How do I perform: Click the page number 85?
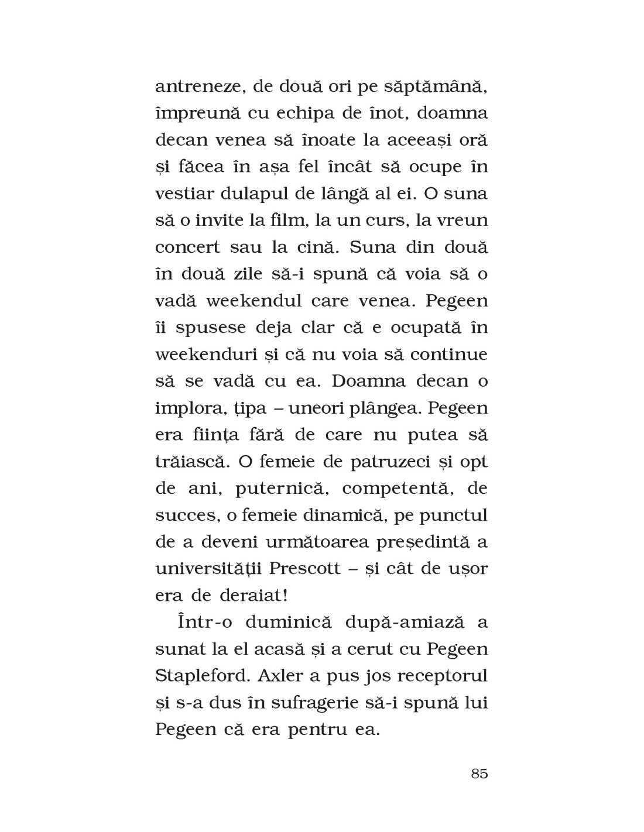coord(478,773)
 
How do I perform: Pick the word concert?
coord(188,247)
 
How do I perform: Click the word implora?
coord(188,408)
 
